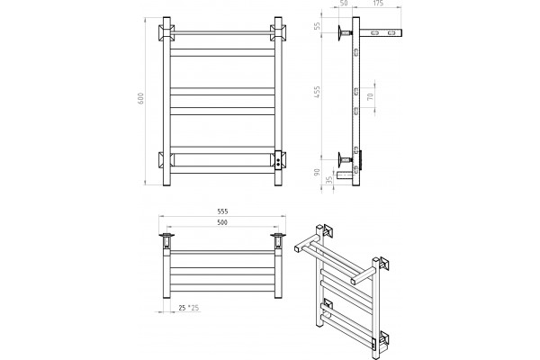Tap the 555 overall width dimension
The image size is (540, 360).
pyautogui.click(x=222, y=211)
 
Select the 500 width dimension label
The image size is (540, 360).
pyautogui.click(x=222, y=222)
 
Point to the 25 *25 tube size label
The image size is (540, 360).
pyautogui.click(x=189, y=308)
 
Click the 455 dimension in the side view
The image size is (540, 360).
pyautogui.click(x=317, y=93)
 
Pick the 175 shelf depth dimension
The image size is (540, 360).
pyautogui.click(x=378, y=4)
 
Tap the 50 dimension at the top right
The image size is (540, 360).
pyautogui.click(x=344, y=4)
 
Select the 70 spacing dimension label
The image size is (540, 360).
pyautogui.click(x=371, y=97)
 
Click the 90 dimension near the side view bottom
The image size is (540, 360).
pyautogui.click(x=317, y=172)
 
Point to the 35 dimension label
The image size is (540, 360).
pyautogui.click(x=329, y=180)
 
